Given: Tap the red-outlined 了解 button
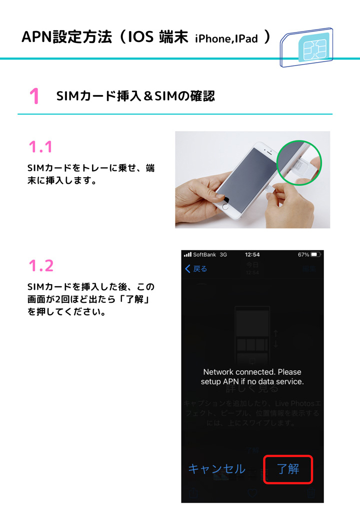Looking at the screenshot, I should pyautogui.click(x=288, y=469).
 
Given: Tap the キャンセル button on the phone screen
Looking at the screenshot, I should pyautogui.click(x=216, y=469).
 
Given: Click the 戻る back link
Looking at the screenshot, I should pyautogui.click(x=196, y=269).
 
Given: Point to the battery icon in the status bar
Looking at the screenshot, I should pyautogui.click(x=315, y=255).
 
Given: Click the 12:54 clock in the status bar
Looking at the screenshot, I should pyautogui.click(x=252, y=255).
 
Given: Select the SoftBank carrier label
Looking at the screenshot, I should pyautogui.click(x=204, y=255).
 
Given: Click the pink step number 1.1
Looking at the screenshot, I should pyautogui.click(x=40, y=147).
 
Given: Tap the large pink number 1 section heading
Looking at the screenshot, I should pyautogui.click(x=34, y=96).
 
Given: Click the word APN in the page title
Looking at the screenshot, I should pyautogui.click(x=37, y=38).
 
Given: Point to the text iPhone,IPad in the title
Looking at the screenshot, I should pyautogui.click(x=226, y=39).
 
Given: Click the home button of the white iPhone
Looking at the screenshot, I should pyautogui.click(x=225, y=206).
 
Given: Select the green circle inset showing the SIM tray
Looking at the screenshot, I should pyautogui.click(x=299, y=163).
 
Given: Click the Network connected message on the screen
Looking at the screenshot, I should pyautogui.click(x=252, y=377).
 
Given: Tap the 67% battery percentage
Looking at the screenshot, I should pyautogui.click(x=303, y=255).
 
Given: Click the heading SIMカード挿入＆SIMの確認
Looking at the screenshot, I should pyautogui.click(x=135, y=96).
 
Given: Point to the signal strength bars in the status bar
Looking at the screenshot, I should pyautogui.click(x=188, y=255).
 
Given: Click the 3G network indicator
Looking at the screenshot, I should pyautogui.click(x=223, y=255).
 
